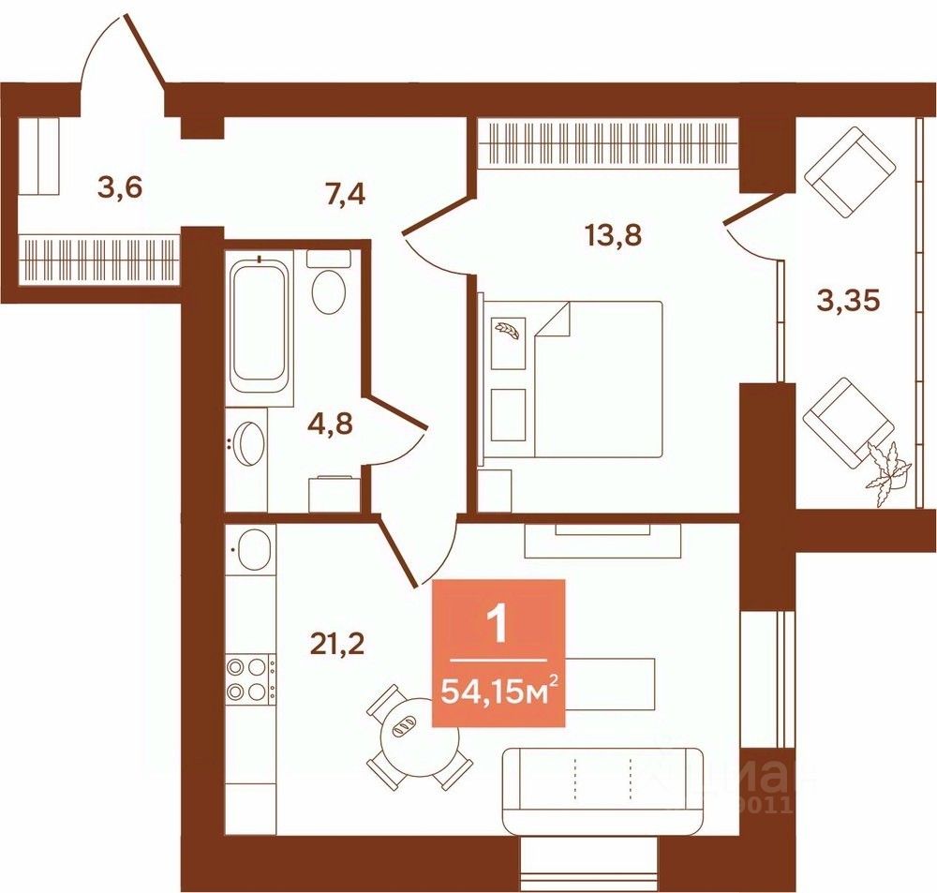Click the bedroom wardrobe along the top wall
pos(609,141)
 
